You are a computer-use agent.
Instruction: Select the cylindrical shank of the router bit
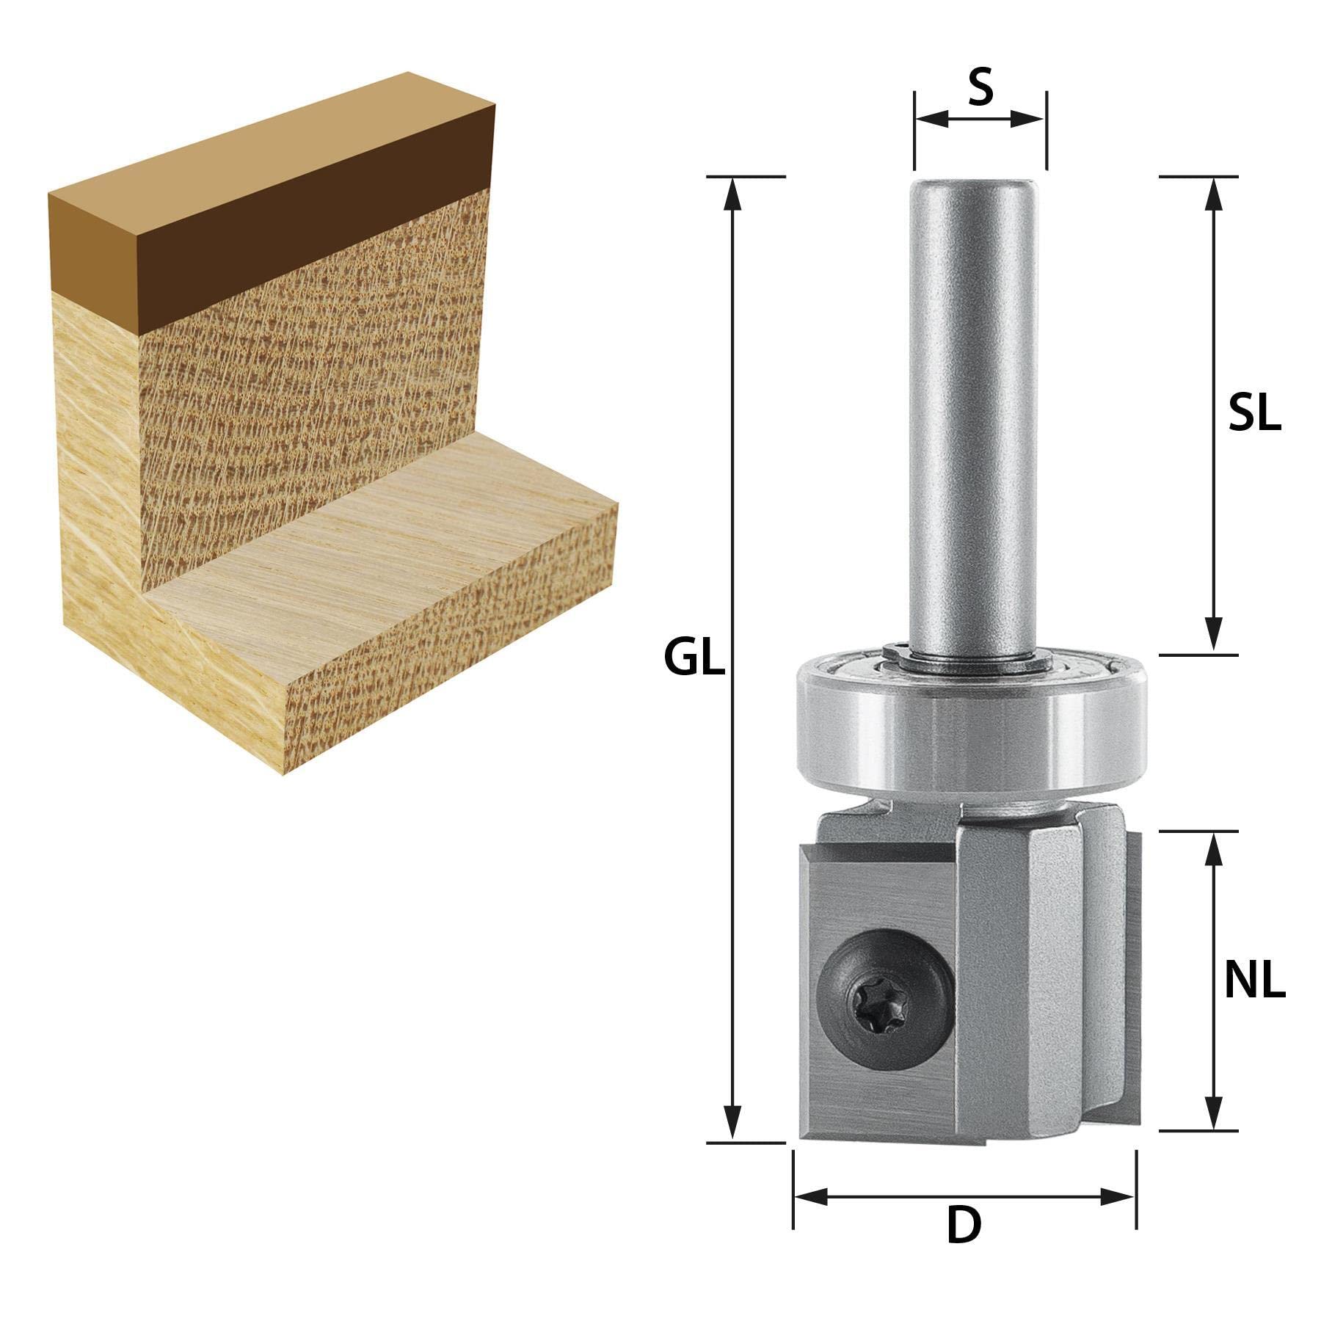[x=972, y=411]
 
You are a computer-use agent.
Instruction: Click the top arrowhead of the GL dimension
[x=731, y=194]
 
